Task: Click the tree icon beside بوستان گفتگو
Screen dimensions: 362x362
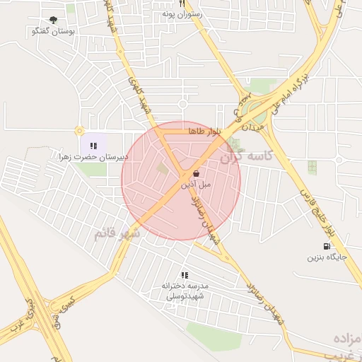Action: [54, 21]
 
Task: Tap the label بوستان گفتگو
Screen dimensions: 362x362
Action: [54, 32]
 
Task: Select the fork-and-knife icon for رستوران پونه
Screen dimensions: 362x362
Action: [182, 4]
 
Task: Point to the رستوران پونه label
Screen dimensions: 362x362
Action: [182, 13]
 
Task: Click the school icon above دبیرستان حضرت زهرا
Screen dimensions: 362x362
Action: [93, 146]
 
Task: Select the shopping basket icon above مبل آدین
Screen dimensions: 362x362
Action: [196, 173]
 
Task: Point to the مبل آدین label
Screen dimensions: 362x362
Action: [196, 184]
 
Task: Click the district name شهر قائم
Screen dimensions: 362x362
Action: [117, 233]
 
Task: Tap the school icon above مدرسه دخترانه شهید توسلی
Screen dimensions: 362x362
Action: [185, 275]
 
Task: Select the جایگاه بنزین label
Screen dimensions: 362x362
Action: [326, 257]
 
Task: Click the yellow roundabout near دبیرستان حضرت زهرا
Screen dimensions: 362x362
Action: [79, 130]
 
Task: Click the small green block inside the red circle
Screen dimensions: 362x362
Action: [163, 168]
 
